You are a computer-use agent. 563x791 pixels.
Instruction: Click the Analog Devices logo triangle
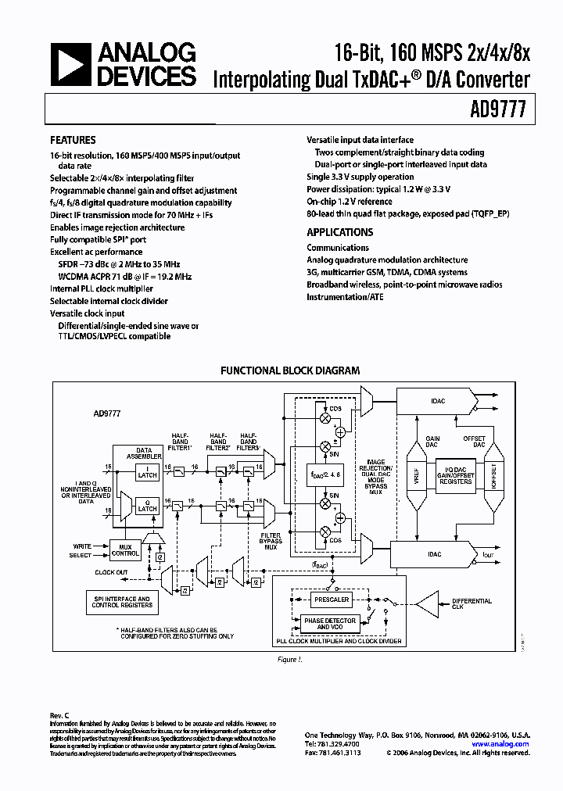[x=70, y=64]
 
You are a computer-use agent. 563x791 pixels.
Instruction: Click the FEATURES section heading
[x=74, y=141]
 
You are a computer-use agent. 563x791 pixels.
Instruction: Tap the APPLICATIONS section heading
[x=339, y=232]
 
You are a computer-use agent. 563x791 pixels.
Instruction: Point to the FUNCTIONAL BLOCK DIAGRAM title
[x=289, y=370]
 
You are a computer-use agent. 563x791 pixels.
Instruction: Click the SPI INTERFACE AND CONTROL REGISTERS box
[x=122, y=603]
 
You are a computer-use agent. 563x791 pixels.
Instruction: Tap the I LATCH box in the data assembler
[x=146, y=471]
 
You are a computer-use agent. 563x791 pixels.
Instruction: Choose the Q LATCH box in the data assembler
[x=146, y=505]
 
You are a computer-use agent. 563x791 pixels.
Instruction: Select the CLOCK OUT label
[x=111, y=572]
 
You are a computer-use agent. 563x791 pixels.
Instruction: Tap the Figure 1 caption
[x=289, y=659]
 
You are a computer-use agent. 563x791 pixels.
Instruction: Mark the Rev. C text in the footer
[x=61, y=715]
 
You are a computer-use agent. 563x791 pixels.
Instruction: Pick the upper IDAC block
[x=437, y=401]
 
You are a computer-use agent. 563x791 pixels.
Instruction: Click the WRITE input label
[x=82, y=546]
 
